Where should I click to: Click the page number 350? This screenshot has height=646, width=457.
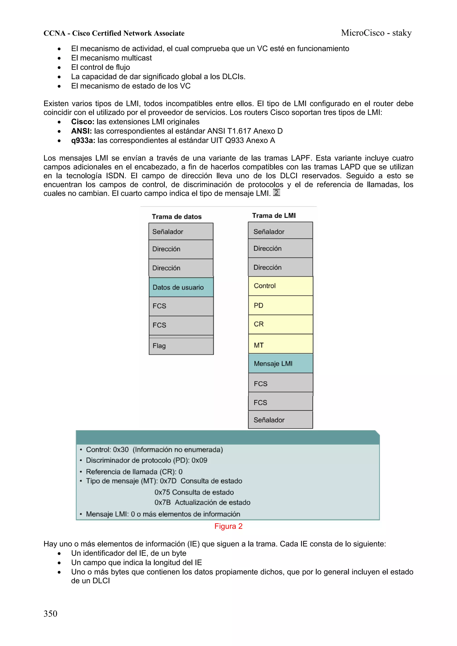click(50, 613)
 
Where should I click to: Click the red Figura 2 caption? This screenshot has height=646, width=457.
click(228, 526)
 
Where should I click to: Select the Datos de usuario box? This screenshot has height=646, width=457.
click(181, 287)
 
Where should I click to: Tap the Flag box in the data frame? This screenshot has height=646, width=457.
click(181, 346)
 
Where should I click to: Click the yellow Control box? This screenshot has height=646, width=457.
click(280, 286)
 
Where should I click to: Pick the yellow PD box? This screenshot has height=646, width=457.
click(280, 305)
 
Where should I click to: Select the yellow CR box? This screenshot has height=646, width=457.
click(280, 324)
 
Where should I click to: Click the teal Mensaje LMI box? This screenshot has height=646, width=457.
click(280, 363)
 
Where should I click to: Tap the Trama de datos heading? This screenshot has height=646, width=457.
click(177, 217)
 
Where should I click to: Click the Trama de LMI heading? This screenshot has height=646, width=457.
click(274, 216)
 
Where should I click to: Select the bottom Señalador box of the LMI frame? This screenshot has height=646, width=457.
click(280, 420)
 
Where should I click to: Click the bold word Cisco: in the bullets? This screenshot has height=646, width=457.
click(83, 122)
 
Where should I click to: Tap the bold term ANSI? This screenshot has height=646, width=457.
click(81, 131)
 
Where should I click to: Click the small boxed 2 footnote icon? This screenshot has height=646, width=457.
click(276, 192)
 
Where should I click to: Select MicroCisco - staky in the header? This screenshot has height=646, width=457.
click(376, 33)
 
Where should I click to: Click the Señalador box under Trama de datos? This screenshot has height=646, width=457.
click(181, 231)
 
